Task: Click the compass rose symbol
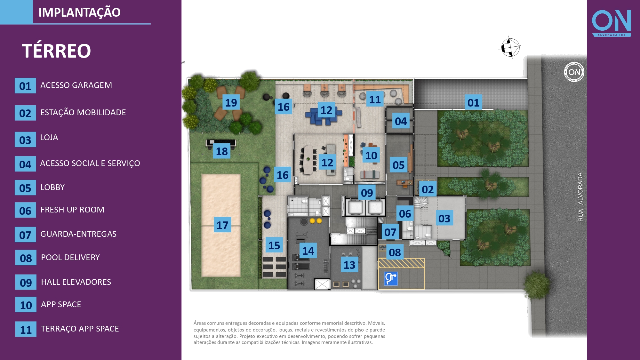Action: tap(510, 47)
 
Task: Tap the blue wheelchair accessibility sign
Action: tap(391, 278)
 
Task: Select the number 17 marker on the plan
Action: tap(222, 225)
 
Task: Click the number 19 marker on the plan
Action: tap(231, 102)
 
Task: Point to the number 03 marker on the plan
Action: tap(444, 218)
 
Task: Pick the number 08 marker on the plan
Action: tap(395, 252)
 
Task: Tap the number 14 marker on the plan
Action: tap(308, 251)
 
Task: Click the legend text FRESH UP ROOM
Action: tap(72, 210)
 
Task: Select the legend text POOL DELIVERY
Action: tap(70, 257)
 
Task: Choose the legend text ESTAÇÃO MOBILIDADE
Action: tap(83, 112)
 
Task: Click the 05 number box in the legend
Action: tap(25, 188)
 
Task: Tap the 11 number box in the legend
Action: tap(26, 329)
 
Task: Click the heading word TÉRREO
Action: tap(56, 51)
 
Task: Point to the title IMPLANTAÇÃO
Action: tap(79, 12)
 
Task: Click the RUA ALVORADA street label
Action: tap(580, 197)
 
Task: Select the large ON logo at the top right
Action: tap(611, 23)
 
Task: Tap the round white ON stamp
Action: tap(574, 72)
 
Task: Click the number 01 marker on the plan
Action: tap(473, 102)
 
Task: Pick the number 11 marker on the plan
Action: tap(375, 100)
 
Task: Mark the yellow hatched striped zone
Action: tap(401, 263)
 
